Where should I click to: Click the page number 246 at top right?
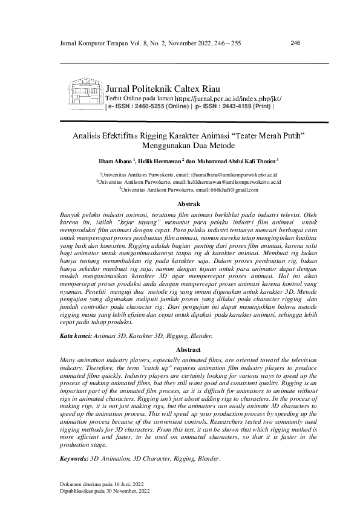(x=296, y=43)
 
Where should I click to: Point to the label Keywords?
(x=74, y=458)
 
